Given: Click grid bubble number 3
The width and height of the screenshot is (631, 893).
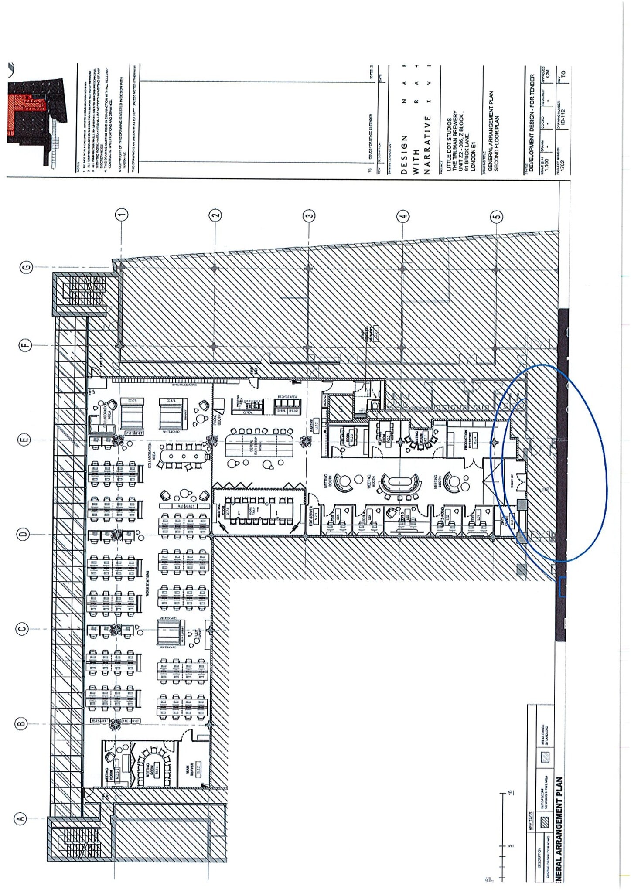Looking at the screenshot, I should click(x=309, y=215).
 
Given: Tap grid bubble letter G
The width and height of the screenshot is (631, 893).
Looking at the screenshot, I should click(x=27, y=267).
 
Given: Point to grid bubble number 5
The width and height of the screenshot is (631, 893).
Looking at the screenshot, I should click(x=497, y=216).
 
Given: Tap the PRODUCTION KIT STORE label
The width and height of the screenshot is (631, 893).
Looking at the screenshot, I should click(x=471, y=439).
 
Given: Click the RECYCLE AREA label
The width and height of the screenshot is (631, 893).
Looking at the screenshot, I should click(x=287, y=397).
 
